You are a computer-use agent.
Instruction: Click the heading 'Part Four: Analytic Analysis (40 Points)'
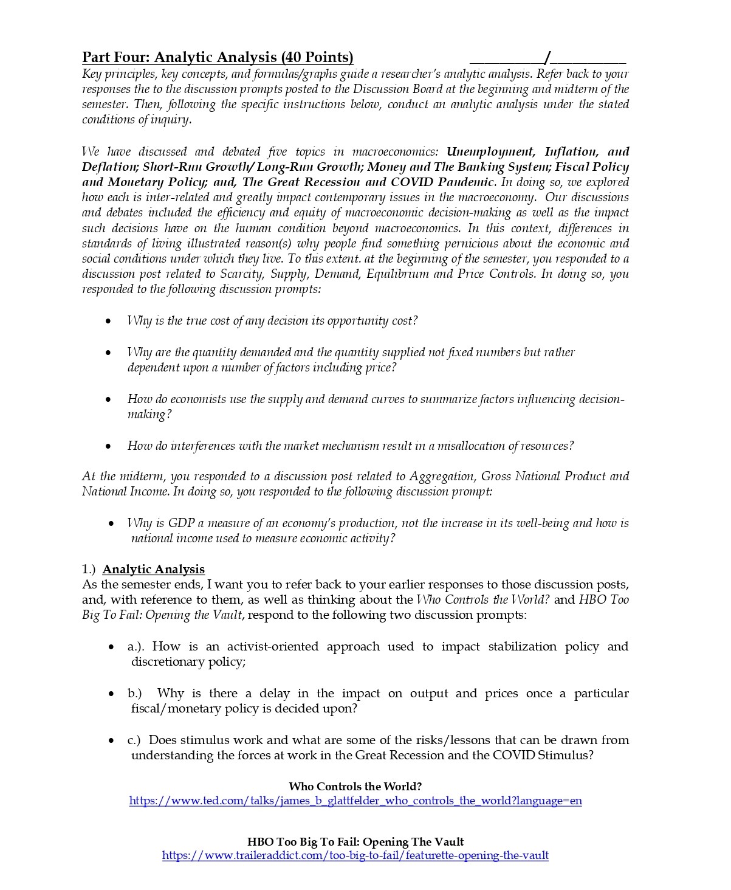pos(218,57)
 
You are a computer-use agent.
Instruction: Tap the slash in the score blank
pos(547,58)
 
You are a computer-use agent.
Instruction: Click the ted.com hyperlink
pos(355,801)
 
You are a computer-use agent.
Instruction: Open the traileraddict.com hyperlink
pos(355,855)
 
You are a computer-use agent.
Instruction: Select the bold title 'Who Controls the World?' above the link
pos(355,786)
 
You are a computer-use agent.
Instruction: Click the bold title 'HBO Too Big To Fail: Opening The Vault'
pos(355,841)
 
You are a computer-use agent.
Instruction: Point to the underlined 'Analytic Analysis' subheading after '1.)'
pos(154,569)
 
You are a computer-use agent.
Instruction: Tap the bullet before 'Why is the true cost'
pos(108,321)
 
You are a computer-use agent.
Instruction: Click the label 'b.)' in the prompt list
pos(134,693)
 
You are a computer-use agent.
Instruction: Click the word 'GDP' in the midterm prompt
pos(181,523)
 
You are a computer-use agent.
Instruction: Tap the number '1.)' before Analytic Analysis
pos(89,569)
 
